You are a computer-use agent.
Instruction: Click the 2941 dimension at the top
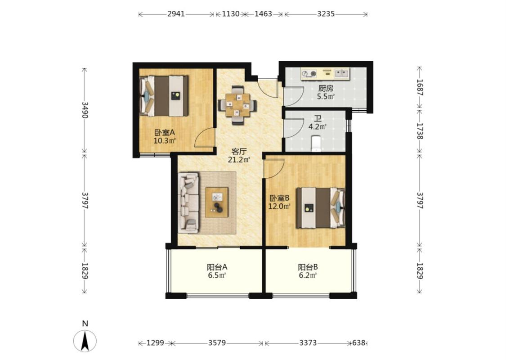point(176,14)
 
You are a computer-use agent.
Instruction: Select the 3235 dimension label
point(326,14)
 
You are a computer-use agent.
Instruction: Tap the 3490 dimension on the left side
point(85,110)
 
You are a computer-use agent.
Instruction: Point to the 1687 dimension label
point(420,87)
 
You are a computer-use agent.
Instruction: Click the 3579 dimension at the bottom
point(217,342)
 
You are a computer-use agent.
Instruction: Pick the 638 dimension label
point(358,342)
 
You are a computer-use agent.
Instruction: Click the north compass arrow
point(85,341)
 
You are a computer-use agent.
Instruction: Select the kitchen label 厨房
point(325,88)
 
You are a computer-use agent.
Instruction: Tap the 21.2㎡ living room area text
point(239,159)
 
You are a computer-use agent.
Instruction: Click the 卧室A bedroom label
point(165,132)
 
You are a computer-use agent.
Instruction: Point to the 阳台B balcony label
point(308,267)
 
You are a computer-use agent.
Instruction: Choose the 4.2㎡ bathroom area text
point(317,126)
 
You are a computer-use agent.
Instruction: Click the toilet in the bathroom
point(316,144)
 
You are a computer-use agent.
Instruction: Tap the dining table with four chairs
point(237,105)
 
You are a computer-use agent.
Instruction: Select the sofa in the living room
point(188,202)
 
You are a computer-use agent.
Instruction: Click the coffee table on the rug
point(217,202)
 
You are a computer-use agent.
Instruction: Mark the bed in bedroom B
point(321,208)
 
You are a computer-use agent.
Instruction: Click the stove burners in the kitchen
point(309,74)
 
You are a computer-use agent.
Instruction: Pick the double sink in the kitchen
point(341,73)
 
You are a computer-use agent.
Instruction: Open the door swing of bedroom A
point(205,137)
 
